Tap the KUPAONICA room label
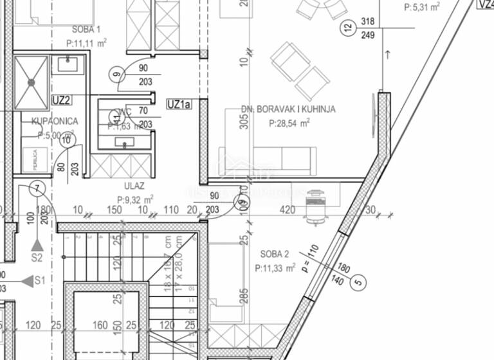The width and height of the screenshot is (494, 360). [55, 122]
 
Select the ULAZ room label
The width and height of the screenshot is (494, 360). [130, 187]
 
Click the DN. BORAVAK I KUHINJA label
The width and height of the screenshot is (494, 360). [288, 109]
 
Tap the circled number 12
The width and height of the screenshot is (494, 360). [348, 28]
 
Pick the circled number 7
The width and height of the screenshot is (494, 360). [38, 188]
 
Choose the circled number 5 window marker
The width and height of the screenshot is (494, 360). [359, 281]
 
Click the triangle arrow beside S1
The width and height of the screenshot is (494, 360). [26, 281]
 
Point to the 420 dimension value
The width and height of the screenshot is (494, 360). [287, 210]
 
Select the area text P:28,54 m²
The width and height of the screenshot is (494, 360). [289, 122]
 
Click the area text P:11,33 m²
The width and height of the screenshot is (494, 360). [275, 267]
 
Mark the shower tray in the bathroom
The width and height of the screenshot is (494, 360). [32, 83]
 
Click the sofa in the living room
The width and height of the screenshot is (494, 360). [267, 160]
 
